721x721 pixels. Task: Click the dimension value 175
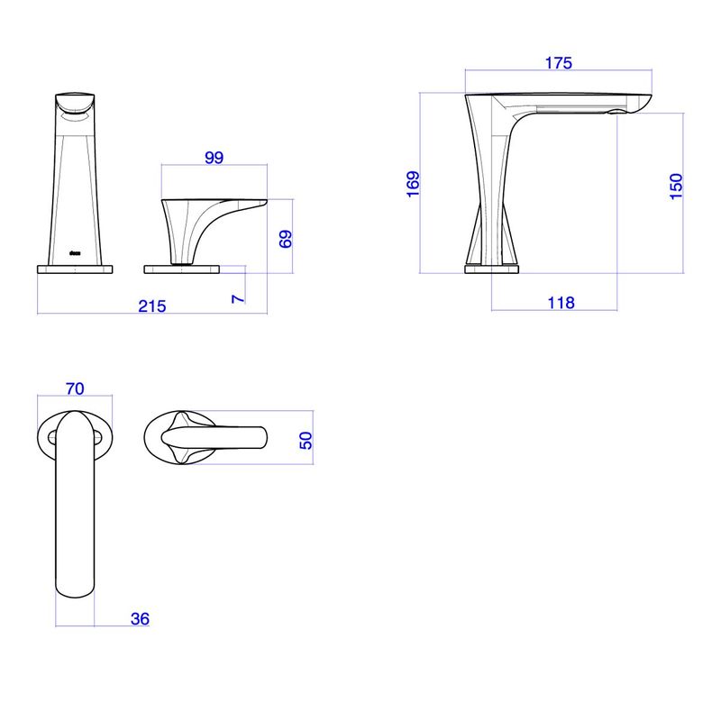558,63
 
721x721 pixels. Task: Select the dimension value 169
413,184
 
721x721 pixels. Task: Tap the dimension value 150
676,187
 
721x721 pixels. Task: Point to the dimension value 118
561,303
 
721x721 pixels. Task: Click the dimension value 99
214,158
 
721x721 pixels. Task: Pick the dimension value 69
286,239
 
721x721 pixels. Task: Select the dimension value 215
152,306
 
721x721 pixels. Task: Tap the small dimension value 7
238,299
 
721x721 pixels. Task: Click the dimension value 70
75,389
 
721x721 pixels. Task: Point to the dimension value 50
306,441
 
